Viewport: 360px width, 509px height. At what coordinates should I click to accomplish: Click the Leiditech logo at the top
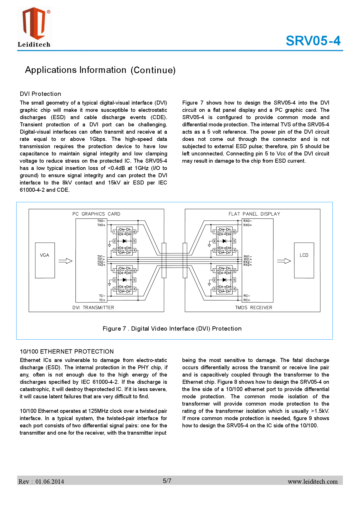34,27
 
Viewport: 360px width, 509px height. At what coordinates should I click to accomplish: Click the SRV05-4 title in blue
313,41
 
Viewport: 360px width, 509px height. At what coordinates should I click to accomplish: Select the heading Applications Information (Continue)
100,70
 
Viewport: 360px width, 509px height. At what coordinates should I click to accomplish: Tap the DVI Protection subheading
40,94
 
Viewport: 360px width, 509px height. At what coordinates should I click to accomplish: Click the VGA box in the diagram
45,260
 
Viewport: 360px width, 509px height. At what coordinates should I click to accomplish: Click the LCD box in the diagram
304,260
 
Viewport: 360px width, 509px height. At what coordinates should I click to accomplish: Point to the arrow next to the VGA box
65,261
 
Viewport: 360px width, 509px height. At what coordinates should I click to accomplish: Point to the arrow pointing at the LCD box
284,261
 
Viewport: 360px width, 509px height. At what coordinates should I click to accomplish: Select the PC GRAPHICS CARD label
96,214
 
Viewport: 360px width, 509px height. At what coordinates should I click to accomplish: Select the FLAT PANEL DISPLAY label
254,214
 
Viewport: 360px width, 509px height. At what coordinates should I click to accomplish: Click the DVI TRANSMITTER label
93,308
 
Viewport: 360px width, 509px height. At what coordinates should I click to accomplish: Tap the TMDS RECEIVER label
253,308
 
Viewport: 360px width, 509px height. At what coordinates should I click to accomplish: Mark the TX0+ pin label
101,225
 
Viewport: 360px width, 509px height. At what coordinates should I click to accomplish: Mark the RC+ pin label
247,300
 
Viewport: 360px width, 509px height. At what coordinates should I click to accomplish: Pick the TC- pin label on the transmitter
102,296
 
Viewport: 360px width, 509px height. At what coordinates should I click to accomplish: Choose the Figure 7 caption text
172,329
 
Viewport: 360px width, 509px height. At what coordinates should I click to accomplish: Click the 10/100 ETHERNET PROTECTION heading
66,352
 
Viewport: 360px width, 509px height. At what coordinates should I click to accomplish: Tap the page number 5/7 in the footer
167,481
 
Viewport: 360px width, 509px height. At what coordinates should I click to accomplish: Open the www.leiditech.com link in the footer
312,482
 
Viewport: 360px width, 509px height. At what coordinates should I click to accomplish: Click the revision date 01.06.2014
50,482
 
